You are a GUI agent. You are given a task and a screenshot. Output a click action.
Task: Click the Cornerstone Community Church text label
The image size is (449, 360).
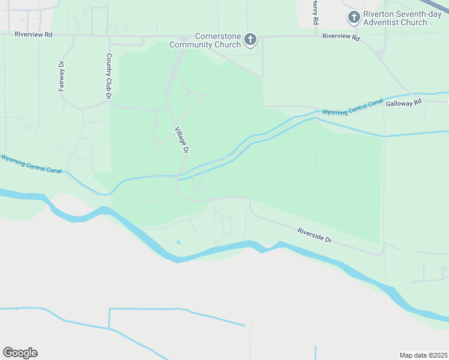click(x=205, y=40)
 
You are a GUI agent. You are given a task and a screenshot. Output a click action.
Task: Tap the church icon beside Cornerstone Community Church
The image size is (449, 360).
click(x=250, y=40)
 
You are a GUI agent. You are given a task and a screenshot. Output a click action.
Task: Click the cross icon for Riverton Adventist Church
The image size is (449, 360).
click(x=354, y=17)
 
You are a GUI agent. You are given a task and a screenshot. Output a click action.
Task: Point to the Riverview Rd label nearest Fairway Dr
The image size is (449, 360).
click(x=34, y=35)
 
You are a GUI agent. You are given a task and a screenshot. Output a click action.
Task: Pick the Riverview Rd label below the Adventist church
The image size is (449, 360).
click(x=340, y=37)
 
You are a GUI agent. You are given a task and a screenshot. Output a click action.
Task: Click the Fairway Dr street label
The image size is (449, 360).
click(x=61, y=76)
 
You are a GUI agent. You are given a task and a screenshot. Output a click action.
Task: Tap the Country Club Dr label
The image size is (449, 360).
click(x=109, y=76)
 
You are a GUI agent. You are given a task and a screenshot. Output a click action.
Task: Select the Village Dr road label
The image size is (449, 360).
click(x=182, y=140)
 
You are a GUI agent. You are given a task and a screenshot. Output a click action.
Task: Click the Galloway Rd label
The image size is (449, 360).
click(x=404, y=103)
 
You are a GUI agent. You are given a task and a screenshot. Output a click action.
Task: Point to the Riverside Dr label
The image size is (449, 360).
click(x=314, y=235)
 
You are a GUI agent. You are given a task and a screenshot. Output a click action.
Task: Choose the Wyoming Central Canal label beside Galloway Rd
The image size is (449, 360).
click(x=352, y=107)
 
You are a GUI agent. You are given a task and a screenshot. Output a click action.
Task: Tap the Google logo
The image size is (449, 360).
click(x=20, y=353)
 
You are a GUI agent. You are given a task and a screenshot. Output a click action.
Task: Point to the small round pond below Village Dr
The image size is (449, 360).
click(x=178, y=242)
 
